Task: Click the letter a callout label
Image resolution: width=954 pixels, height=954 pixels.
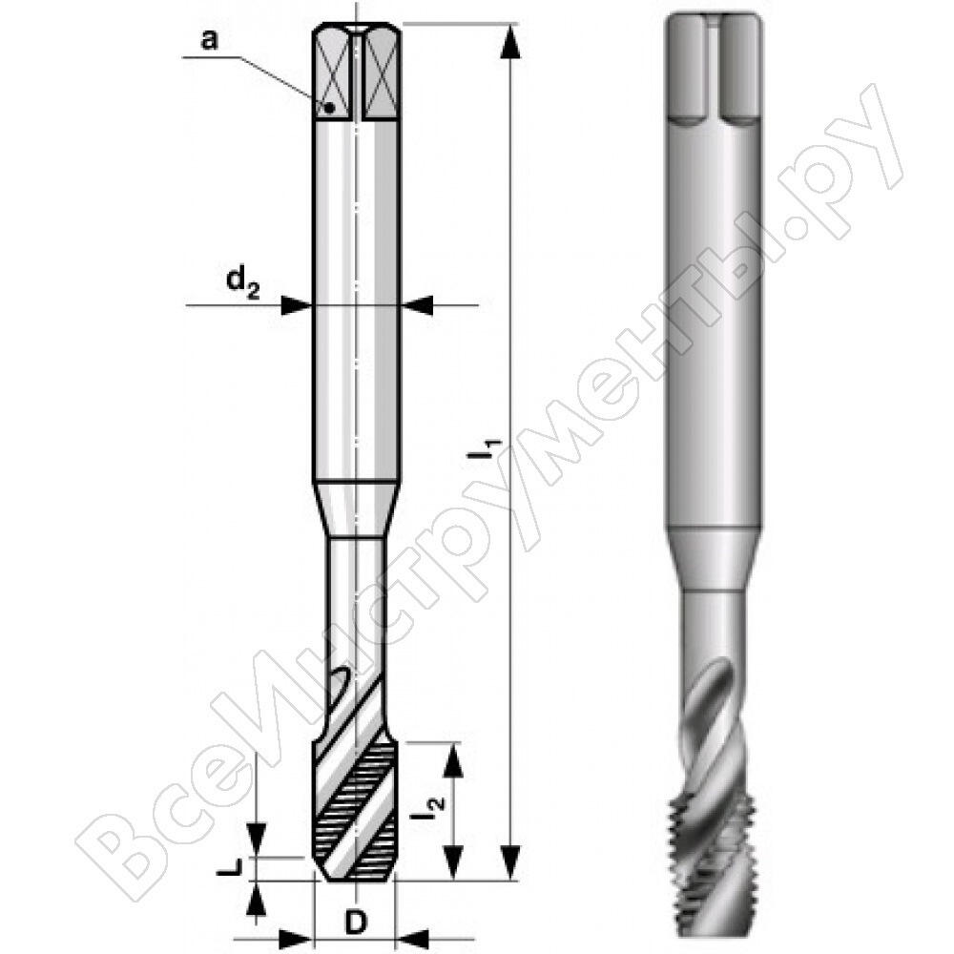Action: coord(209,41)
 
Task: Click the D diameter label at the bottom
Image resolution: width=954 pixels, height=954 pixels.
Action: coord(356,923)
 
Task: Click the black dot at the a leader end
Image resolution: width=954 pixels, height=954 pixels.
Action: coord(330,109)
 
